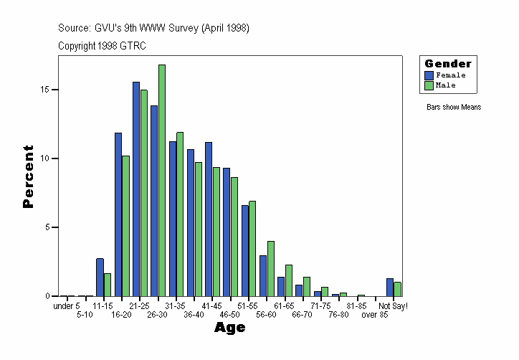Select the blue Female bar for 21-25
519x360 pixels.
click(136, 189)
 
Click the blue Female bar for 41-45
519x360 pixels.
click(209, 219)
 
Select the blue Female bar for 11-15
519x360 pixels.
click(100, 277)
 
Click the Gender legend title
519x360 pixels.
click(448, 64)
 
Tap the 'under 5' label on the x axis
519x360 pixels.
click(67, 306)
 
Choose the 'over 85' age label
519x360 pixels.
click(374, 315)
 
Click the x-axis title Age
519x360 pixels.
click(229, 328)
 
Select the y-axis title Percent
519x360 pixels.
click(29, 176)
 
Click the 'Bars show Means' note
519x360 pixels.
click(453, 107)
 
